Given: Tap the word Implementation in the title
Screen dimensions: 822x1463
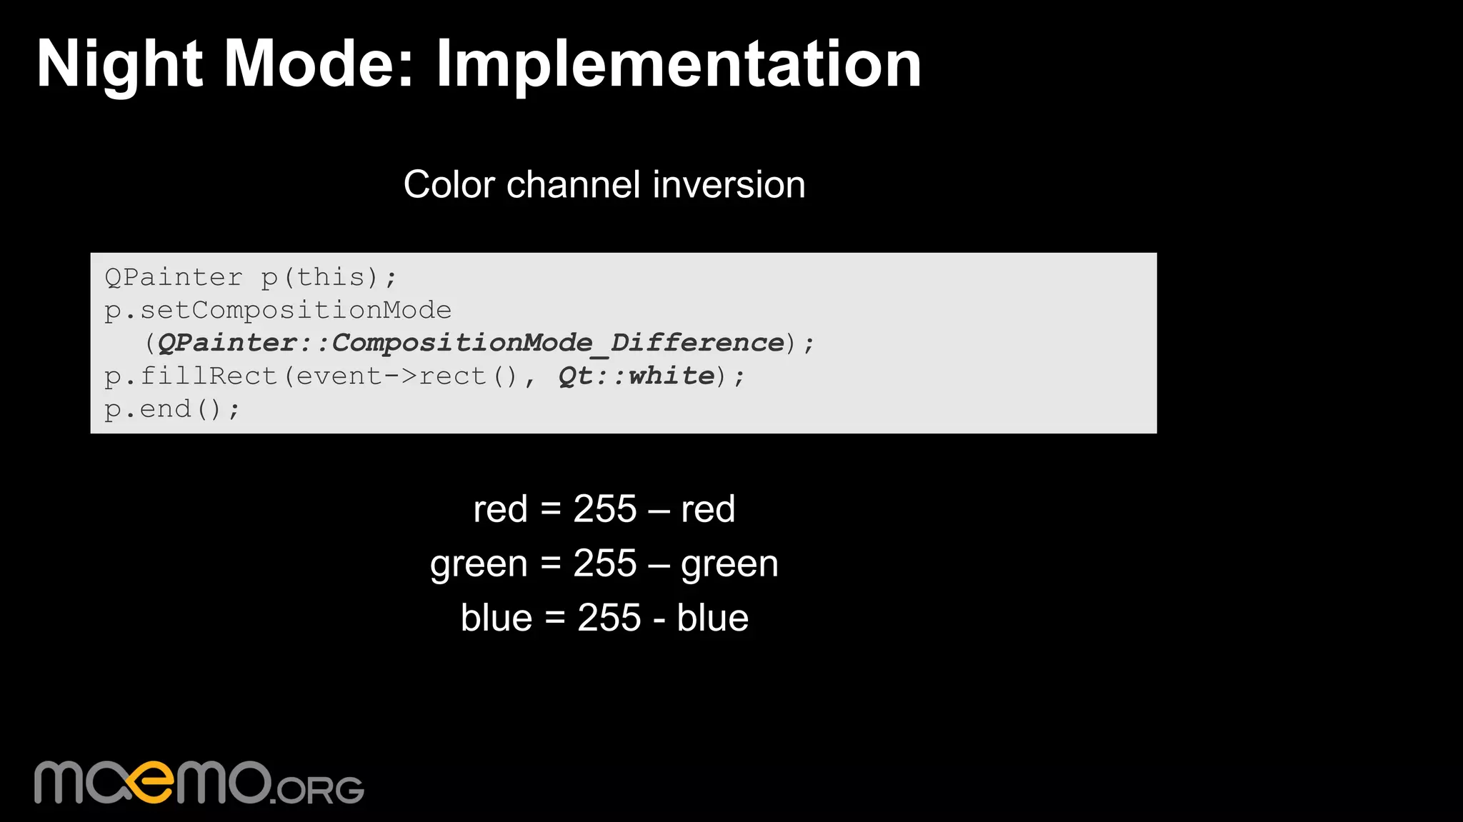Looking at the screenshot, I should [678, 64].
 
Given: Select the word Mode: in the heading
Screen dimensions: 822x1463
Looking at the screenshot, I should [319, 64].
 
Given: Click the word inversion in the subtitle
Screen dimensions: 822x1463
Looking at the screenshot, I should [729, 184].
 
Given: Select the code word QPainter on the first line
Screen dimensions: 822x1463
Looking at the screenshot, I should [174, 277].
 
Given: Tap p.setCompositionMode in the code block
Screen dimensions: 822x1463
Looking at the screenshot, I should [278, 310].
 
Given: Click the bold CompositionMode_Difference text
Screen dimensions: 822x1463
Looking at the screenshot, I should [558, 343].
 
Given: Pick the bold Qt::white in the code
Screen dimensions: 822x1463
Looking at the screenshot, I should [636, 376].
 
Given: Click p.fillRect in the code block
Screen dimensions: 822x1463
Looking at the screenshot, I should [191, 376].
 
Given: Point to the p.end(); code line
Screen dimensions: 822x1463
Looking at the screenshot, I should [172, 409].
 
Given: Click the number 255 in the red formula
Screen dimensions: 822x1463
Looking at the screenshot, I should [604, 509].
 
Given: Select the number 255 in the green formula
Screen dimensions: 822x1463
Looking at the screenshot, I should [604, 563].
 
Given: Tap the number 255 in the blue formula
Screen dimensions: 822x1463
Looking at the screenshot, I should [609, 618].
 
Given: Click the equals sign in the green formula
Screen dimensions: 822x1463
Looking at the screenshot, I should [550, 563].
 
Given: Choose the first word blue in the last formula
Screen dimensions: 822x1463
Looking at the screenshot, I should [496, 618].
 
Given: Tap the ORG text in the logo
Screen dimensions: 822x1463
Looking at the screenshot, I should [319, 789].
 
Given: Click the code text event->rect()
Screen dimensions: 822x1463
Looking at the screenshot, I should [406, 376].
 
